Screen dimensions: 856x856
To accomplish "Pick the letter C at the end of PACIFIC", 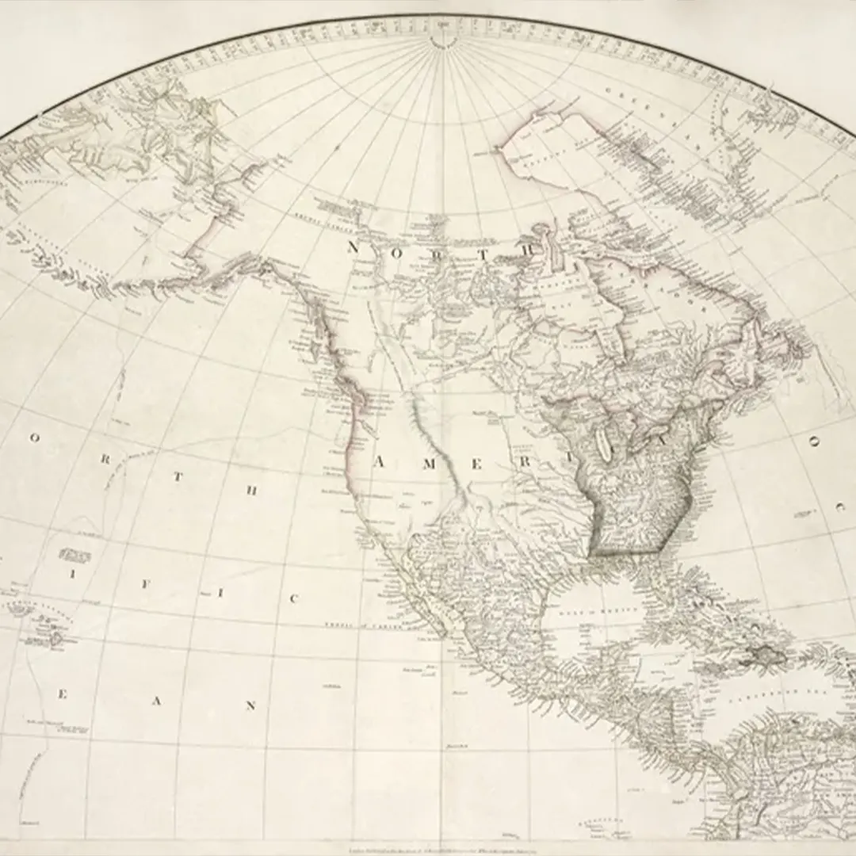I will pyautogui.click(x=293, y=599).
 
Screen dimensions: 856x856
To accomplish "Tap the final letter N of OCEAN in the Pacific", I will pyautogui.click(x=251, y=705).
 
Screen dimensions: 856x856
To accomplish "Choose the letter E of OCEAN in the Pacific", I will pyautogui.click(x=62, y=694).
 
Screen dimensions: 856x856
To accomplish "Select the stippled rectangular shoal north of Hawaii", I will pyautogui.click(x=75, y=555).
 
